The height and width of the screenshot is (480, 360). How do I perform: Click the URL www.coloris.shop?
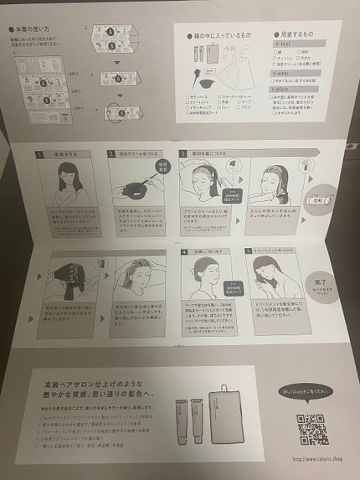coord(306,458)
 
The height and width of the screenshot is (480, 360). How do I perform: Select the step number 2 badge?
coord(111,155)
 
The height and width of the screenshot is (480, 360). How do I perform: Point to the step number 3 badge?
coord(183,155)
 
